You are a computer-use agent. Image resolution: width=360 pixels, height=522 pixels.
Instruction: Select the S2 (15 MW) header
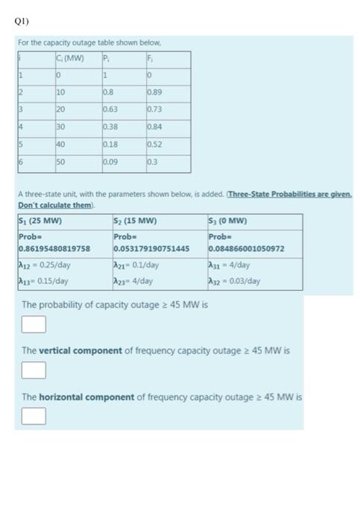point(136,221)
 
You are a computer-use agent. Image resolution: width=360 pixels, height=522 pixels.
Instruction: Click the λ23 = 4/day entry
point(134,280)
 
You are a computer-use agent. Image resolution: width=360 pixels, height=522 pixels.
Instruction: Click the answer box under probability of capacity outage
point(34,324)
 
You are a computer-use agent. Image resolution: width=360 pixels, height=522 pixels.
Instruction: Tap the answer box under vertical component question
point(34,369)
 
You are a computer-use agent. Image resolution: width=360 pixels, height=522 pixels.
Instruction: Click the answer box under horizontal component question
point(34,415)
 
